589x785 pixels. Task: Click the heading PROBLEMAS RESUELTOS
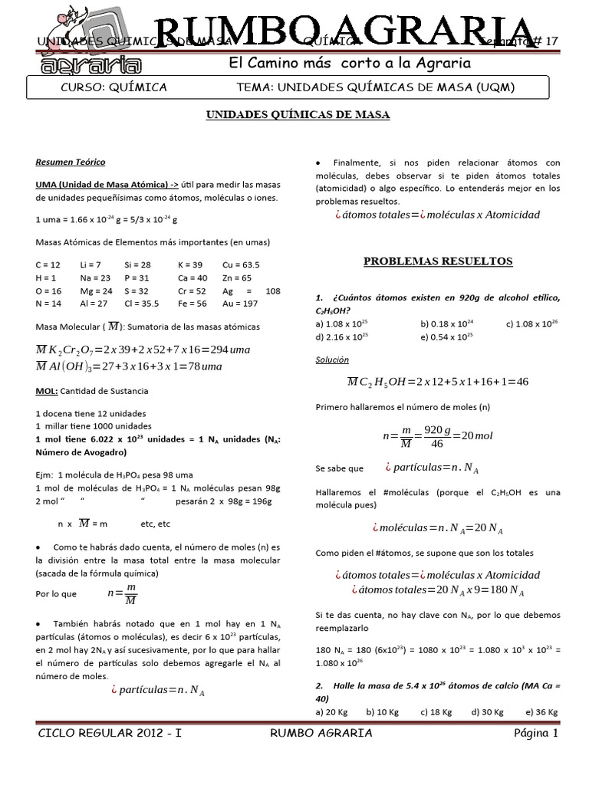point(438,261)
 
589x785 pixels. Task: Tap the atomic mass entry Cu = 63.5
point(241,264)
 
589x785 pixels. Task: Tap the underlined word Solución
point(332,359)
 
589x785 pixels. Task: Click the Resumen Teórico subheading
point(71,163)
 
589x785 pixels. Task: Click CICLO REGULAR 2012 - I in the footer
point(109,734)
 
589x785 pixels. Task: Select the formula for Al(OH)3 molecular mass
point(129,366)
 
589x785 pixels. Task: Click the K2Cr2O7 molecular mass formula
point(143,350)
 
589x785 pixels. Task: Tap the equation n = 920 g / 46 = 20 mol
point(437,435)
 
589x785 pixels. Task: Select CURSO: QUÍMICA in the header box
point(114,87)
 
